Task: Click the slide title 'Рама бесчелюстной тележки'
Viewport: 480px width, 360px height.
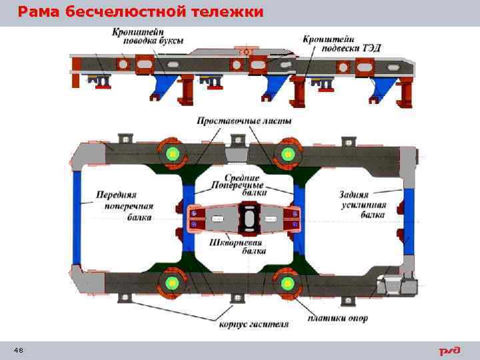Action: click(140, 12)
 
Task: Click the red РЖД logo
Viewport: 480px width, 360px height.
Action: click(449, 351)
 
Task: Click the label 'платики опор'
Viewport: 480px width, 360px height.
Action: click(338, 318)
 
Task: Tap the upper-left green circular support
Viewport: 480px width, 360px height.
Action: click(173, 154)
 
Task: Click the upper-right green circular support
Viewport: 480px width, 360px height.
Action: click(287, 154)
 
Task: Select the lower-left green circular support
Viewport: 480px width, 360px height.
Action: click(173, 283)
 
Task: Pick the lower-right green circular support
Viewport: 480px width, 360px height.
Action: click(287, 283)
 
